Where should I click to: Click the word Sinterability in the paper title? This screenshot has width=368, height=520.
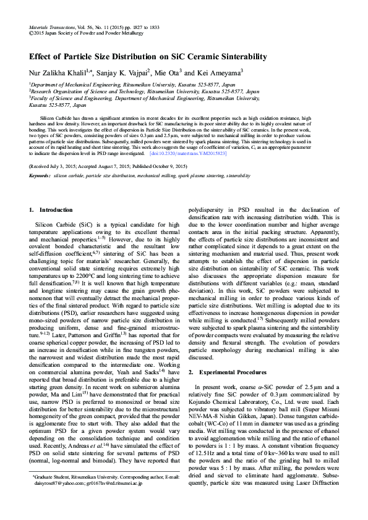239,56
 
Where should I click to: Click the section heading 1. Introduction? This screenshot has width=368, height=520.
52,210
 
